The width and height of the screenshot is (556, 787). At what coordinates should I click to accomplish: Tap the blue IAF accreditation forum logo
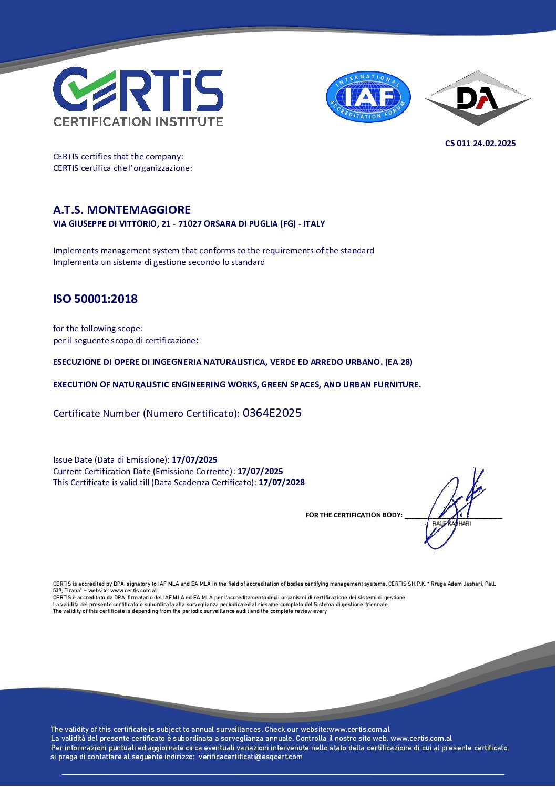pyautogui.click(x=368, y=97)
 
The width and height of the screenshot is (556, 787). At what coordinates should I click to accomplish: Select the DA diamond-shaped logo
pyautogui.click(x=477, y=98)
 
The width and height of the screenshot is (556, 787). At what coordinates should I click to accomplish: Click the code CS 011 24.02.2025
pyautogui.click(x=480, y=143)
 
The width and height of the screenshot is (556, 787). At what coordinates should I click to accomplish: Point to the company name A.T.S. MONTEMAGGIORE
pyautogui.click(x=122, y=210)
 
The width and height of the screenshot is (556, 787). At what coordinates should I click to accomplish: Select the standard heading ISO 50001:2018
pyautogui.click(x=95, y=299)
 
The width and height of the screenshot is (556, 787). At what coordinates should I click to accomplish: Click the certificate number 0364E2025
pyautogui.click(x=272, y=413)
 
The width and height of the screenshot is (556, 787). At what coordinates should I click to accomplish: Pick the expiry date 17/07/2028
pyautogui.click(x=281, y=482)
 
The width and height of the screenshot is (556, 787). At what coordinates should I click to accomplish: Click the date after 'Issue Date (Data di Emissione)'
pyautogui.click(x=194, y=459)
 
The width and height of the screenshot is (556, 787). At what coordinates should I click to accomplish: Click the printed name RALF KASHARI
pyautogui.click(x=451, y=523)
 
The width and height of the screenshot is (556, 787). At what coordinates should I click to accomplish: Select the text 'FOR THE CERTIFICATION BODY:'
pyautogui.click(x=354, y=515)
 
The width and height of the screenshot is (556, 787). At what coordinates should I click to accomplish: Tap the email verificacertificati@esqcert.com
pyautogui.click(x=251, y=757)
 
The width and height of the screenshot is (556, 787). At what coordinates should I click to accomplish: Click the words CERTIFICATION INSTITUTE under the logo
pyautogui.click(x=138, y=121)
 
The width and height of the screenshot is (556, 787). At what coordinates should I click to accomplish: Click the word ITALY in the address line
pyautogui.click(x=314, y=224)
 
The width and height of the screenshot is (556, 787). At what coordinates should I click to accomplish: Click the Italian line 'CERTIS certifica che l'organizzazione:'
pyautogui.click(x=122, y=168)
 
